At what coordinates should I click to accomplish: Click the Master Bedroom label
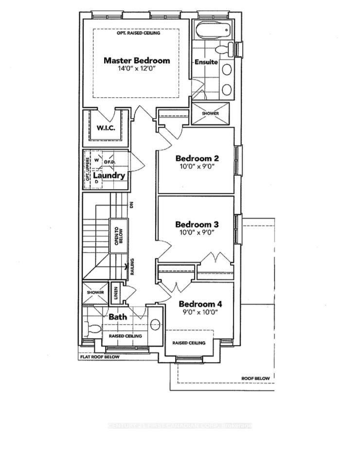pyautogui.click(x=137, y=61)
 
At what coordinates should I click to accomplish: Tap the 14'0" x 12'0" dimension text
pyautogui.click(x=137, y=70)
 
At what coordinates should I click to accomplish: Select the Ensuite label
pyautogui.click(x=206, y=62)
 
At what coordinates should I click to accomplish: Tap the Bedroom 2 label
pyautogui.click(x=197, y=158)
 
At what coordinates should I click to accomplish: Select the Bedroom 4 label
pyautogui.click(x=200, y=304)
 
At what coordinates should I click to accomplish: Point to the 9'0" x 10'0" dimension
pyautogui.click(x=200, y=312)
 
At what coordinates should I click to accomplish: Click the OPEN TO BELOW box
pyautogui.click(x=116, y=236)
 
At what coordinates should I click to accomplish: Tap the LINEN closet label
pyautogui.click(x=115, y=293)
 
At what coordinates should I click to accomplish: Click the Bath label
pyautogui.click(x=118, y=316)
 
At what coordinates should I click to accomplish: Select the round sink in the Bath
pyautogui.click(x=156, y=324)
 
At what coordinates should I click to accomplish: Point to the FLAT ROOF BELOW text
pyautogui.click(x=100, y=357)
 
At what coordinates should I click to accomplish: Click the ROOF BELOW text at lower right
pyautogui.click(x=255, y=378)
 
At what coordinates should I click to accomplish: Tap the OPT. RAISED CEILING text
pyautogui.click(x=139, y=33)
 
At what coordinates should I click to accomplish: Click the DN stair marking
pyautogui.click(x=131, y=205)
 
